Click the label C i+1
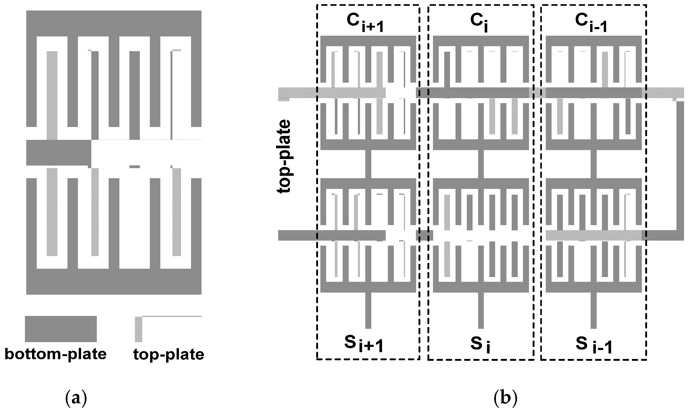point(364,23)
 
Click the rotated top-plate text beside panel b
point(284,156)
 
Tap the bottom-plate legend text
point(55,354)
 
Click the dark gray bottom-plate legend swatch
point(61,329)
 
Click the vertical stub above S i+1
point(368,310)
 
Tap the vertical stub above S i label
point(481,310)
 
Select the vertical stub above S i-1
point(593,310)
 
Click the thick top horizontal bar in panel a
point(114,23)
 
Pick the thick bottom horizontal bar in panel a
point(114,281)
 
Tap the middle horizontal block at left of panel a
point(59,153)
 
